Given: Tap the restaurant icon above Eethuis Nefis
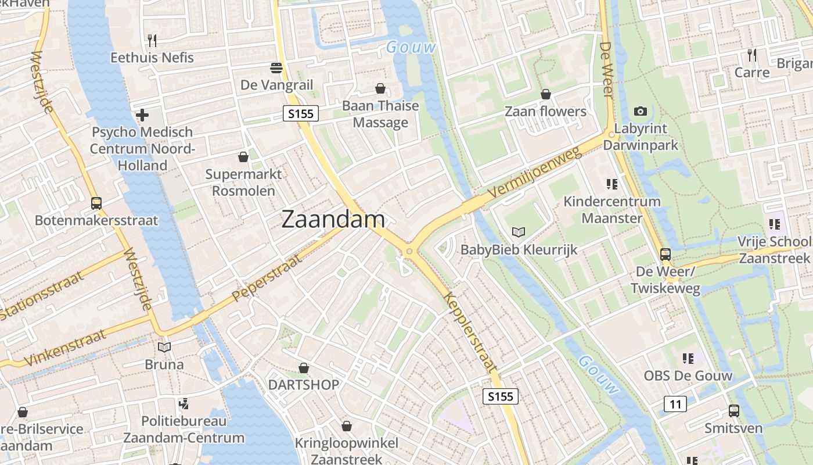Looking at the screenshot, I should pos(152,40).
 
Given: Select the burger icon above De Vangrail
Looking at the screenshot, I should pos(276,68).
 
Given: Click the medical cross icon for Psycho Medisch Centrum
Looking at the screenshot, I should pos(142,115).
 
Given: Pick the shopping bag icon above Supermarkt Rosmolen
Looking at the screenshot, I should pos(243,157).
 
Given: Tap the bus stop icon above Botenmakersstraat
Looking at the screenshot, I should pos(96,203).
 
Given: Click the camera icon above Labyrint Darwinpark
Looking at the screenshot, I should pos(641,111).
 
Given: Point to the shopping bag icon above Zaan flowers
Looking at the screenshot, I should pos(546,94).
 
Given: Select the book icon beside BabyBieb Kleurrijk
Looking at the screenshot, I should pos(519,233).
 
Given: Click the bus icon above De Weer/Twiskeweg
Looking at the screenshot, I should pos(665,254).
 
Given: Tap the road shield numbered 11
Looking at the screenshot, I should pos(675,403).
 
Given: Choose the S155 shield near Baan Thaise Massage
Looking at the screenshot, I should pos(301,113).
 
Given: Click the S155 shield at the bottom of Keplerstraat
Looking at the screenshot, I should pos(500,396).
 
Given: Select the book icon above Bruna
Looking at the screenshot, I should pos(165,347).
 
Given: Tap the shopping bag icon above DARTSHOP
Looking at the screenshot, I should pos(303,368).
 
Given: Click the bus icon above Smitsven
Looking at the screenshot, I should pos(734,411).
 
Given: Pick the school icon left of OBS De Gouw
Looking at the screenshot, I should pos(688,359).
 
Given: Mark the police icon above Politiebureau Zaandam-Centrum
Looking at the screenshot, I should pos(184,403).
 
